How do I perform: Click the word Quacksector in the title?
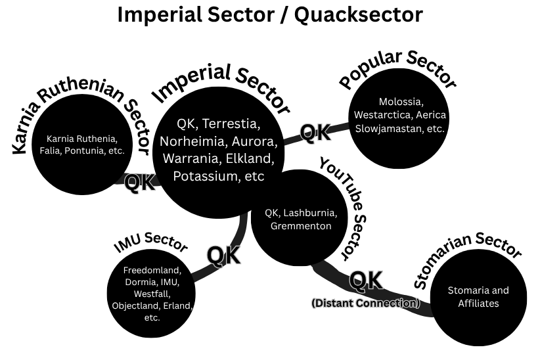[359, 15]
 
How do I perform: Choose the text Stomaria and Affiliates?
[478, 297]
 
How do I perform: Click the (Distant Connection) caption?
[365, 304]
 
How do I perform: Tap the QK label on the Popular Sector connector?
[315, 133]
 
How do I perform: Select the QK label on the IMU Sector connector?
[223, 255]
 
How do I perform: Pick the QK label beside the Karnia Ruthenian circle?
[140, 182]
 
